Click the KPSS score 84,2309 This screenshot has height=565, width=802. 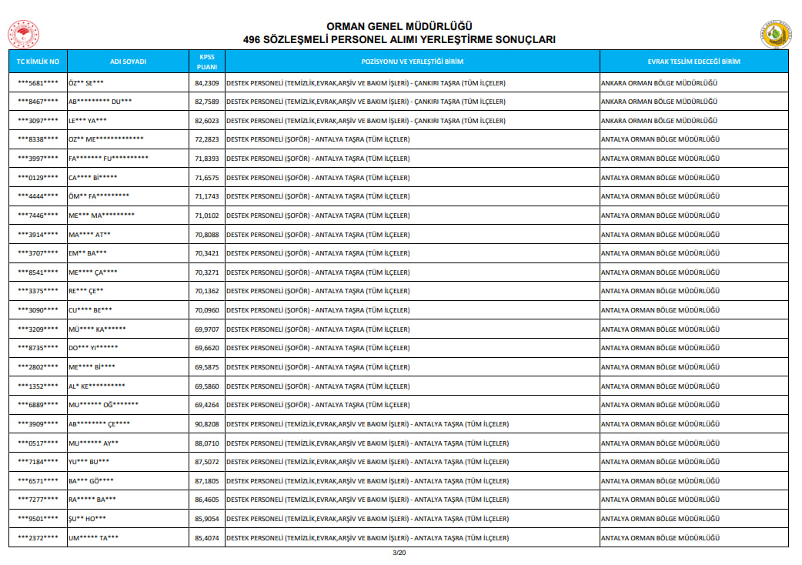point(206,82)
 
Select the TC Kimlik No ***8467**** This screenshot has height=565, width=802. point(38,102)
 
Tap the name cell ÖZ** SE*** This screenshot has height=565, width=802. point(86,82)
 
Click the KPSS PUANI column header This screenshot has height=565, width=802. point(206,62)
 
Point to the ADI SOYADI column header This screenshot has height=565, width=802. point(129,62)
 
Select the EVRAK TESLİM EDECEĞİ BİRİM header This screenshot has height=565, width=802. point(693,62)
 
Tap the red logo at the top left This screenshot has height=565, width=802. point(23,35)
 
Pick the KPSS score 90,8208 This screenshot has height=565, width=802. point(206,424)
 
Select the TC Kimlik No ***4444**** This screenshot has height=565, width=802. point(38,196)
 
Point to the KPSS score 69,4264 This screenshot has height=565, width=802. point(206,405)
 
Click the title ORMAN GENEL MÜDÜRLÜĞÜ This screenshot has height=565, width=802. point(399,26)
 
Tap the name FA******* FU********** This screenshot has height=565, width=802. point(108,159)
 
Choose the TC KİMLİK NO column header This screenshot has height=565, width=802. point(38,62)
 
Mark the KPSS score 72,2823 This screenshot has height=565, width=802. point(206,139)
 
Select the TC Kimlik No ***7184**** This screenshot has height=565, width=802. point(38,462)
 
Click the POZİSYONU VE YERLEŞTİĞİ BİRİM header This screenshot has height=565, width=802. point(412,62)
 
